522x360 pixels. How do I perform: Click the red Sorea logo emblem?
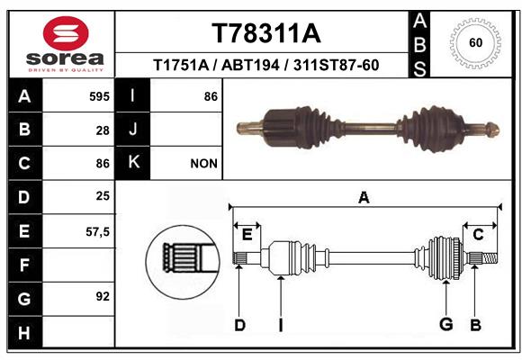[x=66, y=33]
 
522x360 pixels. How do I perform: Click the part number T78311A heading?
[x=266, y=33]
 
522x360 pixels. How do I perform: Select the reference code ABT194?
[x=250, y=66]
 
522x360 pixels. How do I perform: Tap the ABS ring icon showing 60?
[x=475, y=43]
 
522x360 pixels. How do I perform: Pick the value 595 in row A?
[x=99, y=96]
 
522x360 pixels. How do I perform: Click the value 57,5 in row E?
[x=97, y=231]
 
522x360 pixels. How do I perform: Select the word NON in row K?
[x=203, y=164]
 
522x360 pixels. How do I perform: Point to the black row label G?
[x=25, y=299]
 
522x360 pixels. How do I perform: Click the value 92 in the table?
[x=103, y=296]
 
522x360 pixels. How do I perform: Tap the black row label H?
[x=25, y=332]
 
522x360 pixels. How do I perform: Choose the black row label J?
[x=132, y=129]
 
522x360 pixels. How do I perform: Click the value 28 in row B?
[x=103, y=130]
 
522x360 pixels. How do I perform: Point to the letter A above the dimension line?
[x=364, y=197]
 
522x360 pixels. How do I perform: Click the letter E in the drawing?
[x=247, y=235]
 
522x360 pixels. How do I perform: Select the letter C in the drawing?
[x=478, y=235]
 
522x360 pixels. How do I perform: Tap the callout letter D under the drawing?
[x=239, y=325]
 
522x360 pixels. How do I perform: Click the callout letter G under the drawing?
[x=446, y=324]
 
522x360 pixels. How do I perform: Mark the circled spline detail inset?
[x=183, y=262]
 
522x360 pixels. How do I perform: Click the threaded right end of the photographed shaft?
[x=492, y=129]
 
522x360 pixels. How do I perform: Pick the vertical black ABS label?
[x=419, y=45]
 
